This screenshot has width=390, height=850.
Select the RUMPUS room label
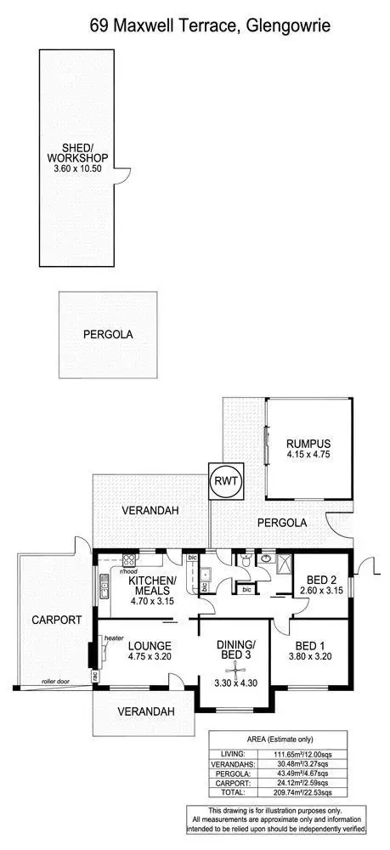pyautogui.click(x=308, y=444)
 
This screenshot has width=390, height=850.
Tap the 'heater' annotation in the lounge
pyautogui.click(x=116, y=637)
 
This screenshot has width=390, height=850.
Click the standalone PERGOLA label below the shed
pyautogui.click(x=108, y=335)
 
